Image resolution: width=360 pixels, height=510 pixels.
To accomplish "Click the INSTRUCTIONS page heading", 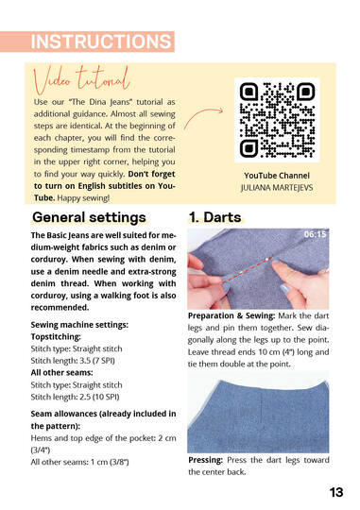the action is click(x=100, y=42).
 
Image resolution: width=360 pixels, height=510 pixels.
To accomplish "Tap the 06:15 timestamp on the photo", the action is click(x=315, y=233).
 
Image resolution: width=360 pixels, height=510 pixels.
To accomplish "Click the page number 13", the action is click(x=336, y=491).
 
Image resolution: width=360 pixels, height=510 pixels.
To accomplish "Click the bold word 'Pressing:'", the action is click(x=210, y=460).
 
